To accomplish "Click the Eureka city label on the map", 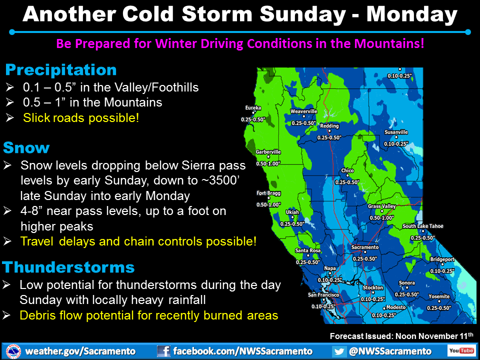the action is click(x=253, y=108).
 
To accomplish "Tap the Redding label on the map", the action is click(x=329, y=126).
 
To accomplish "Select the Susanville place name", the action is click(x=396, y=132).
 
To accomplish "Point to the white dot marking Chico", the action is click(x=347, y=175).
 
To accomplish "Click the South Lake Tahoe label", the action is click(x=423, y=226).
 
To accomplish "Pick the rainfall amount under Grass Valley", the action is click(x=381, y=218).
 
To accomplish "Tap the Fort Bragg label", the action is click(x=268, y=193).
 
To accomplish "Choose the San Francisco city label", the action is click(x=323, y=295).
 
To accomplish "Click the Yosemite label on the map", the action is click(x=439, y=296).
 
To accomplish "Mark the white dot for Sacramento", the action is click(x=365, y=252).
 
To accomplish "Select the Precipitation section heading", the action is click(x=61, y=70).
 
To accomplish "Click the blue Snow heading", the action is click(x=26, y=147).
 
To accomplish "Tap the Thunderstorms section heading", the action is click(x=68, y=267).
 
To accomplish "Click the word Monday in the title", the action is click(x=412, y=14).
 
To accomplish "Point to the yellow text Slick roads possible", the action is click(x=81, y=118).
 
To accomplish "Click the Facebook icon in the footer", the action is click(x=163, y=351).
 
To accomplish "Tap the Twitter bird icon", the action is click(x=339, y=351).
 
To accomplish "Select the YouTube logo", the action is click(x=461, y=350).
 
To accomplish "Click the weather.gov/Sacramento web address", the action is click(x=80, y=351).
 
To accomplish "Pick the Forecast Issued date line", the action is click(x=401, y=336).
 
